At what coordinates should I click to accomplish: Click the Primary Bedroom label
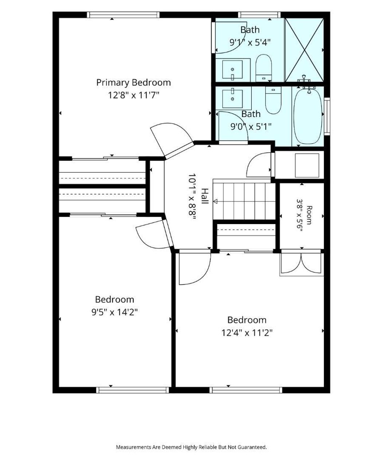tap(133, 83)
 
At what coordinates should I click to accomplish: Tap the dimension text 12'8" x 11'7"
tap(133, 95)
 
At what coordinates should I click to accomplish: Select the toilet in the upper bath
tap(263, 68)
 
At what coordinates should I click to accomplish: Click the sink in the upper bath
tap(232, 70)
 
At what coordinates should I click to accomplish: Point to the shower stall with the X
tap(304, 50)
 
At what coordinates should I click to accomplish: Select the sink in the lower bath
tap(232, 98)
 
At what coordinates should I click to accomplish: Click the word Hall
tap(205, 196)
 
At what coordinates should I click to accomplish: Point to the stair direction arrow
tap(215, 201)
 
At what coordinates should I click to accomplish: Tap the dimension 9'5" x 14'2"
tap(114, 312)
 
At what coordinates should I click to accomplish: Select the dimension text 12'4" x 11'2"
tap(247, 333)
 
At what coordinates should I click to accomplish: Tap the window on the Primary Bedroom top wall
tap(123, 15)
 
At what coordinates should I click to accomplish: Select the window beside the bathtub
tap(327, 116)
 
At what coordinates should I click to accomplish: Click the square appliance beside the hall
tap(307, 165)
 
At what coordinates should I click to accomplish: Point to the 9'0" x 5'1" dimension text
tap(251, 126)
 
